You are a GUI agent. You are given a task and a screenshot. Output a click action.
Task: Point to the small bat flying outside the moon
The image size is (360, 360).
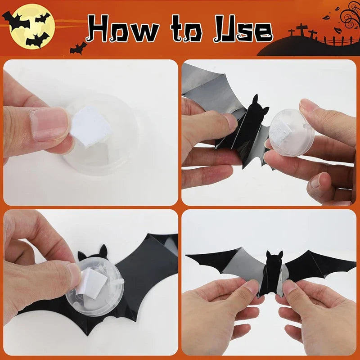coord(77,47)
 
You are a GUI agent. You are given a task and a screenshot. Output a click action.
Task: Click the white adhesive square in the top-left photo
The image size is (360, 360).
coord(92,126)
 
